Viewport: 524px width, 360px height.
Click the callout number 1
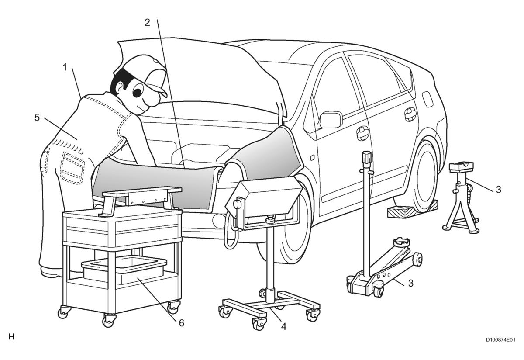coord(65,67)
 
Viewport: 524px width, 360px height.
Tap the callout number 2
coord(147,22)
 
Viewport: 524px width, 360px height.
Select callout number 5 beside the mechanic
coord(37,118)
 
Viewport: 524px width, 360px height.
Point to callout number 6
coord(182,323)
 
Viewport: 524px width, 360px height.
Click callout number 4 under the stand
coord(283,326)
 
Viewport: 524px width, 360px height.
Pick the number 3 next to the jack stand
coord(499,189)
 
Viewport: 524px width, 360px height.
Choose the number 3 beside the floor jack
coord(411,283)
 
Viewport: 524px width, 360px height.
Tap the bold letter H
coord(11,337)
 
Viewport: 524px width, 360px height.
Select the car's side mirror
coord(330,119)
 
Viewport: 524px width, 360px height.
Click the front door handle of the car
coord(362,133)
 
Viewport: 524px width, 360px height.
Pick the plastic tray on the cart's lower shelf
coord(124,270)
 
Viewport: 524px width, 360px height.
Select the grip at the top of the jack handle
coord(366,159)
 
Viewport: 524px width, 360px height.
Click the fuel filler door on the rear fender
coord(427,99)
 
